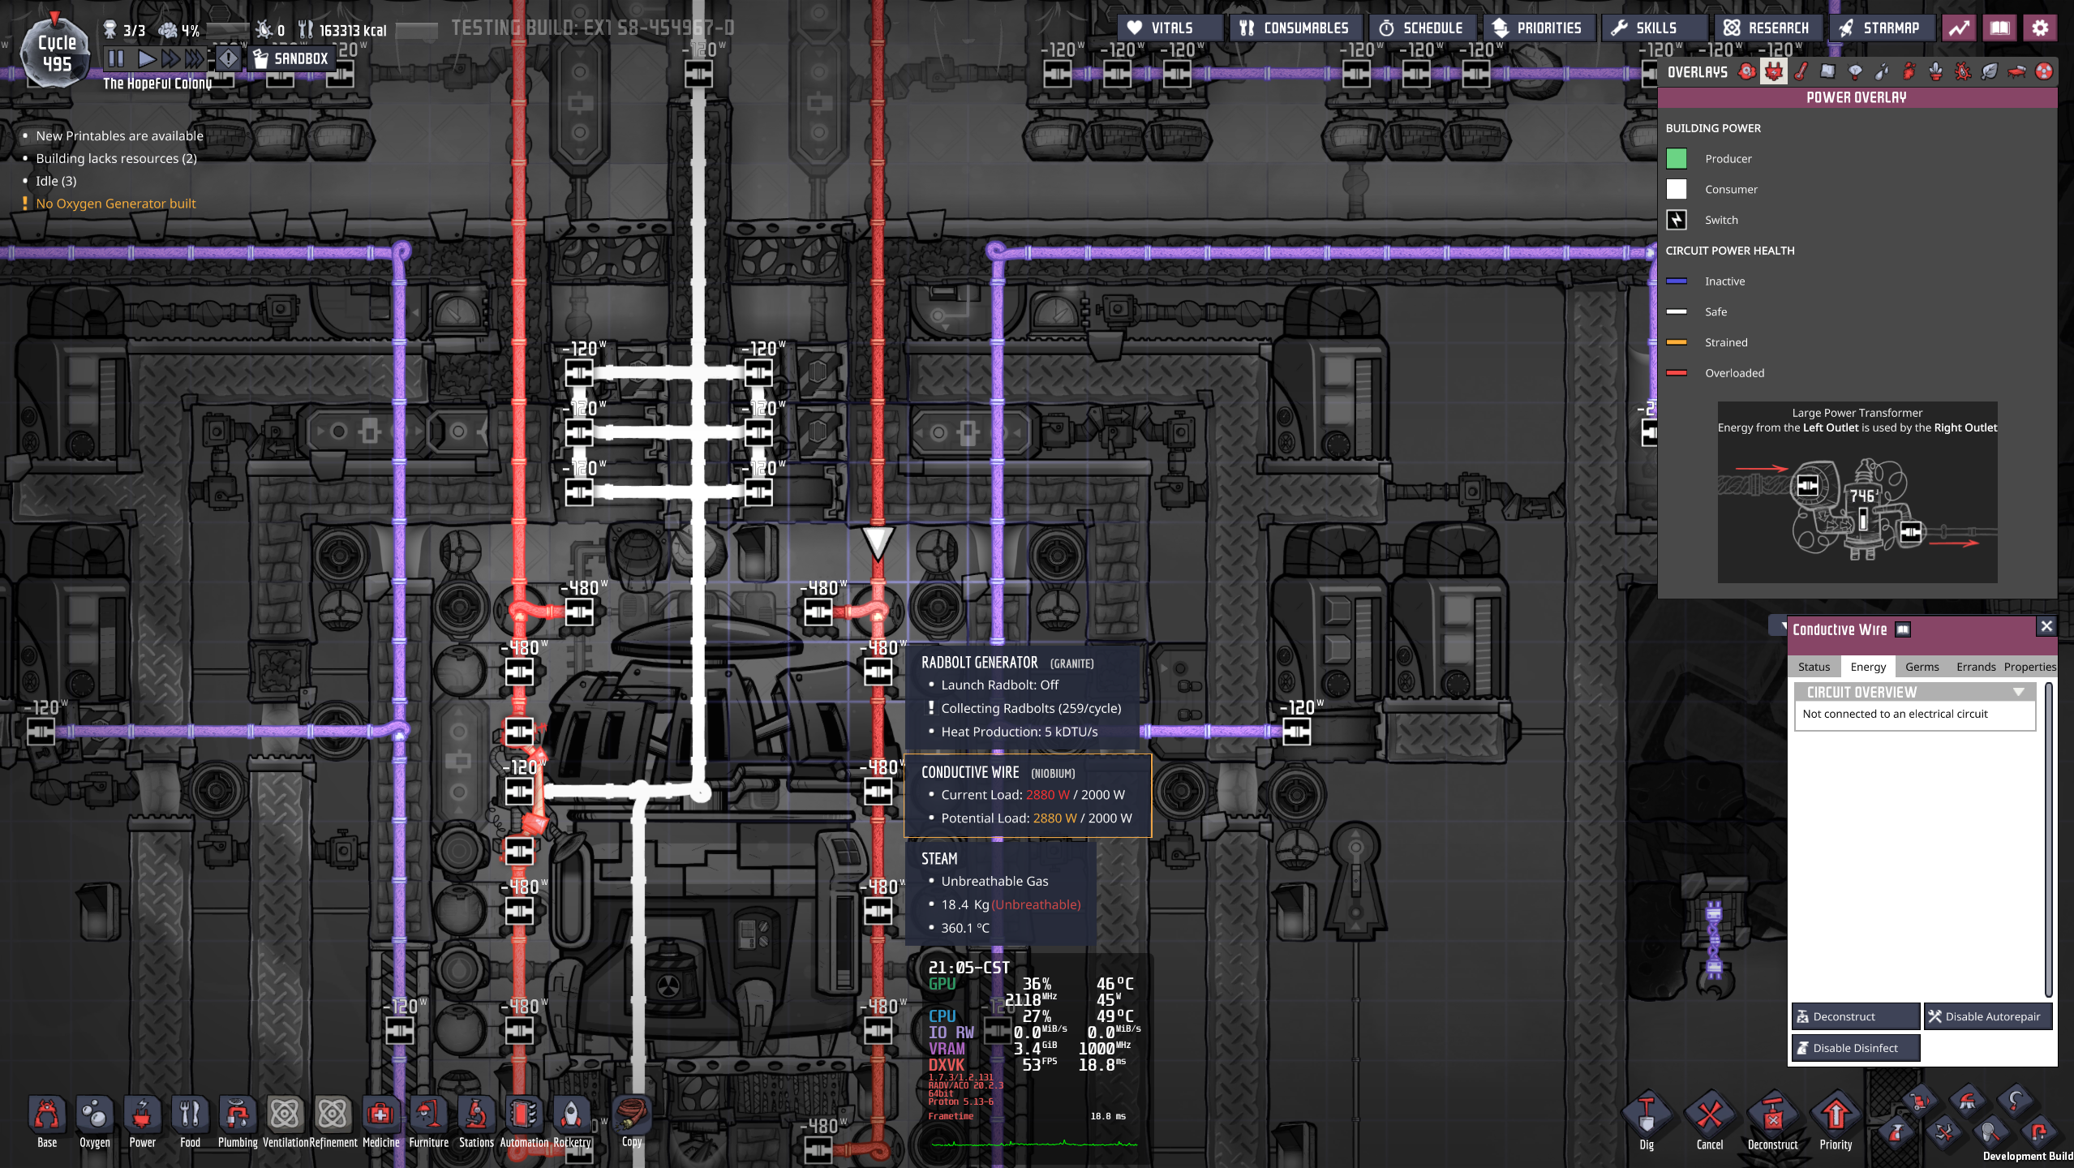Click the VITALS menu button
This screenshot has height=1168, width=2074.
pos(1161,28)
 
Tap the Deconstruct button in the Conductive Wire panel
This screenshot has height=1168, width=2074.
pos(1854,1016)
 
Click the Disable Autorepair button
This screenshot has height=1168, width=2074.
pos(1986,1016)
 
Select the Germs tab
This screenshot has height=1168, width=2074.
pos(1922,667)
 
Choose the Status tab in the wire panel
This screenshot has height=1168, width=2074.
pos(1814,667)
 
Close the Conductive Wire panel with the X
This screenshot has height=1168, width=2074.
pos(2046,626)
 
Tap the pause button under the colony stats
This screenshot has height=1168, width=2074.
pos(116,58)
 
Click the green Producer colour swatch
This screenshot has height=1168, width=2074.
pos(1676,159)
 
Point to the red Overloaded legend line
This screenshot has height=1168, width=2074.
pos(1676,373)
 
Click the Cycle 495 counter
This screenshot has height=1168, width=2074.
pos(57,54)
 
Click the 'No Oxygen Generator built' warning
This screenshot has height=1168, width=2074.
pos(115,204)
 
